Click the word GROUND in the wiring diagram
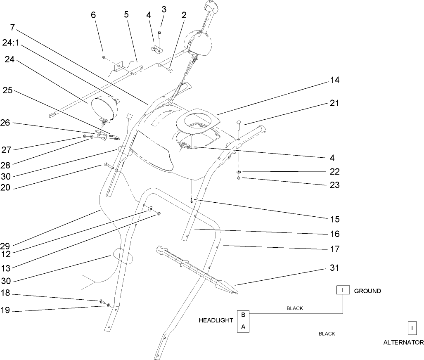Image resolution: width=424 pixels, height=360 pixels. click(367, 291)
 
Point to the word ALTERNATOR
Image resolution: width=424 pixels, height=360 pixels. click(403, 342)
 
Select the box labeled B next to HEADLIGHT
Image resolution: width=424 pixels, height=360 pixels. click(243, 315)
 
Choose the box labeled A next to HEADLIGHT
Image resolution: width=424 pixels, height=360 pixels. click(243, 327)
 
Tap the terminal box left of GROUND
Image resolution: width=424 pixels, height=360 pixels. click(343, 291)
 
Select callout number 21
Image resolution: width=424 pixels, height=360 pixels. click(334, 104)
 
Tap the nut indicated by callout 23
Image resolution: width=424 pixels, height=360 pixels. click(239, 178)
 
